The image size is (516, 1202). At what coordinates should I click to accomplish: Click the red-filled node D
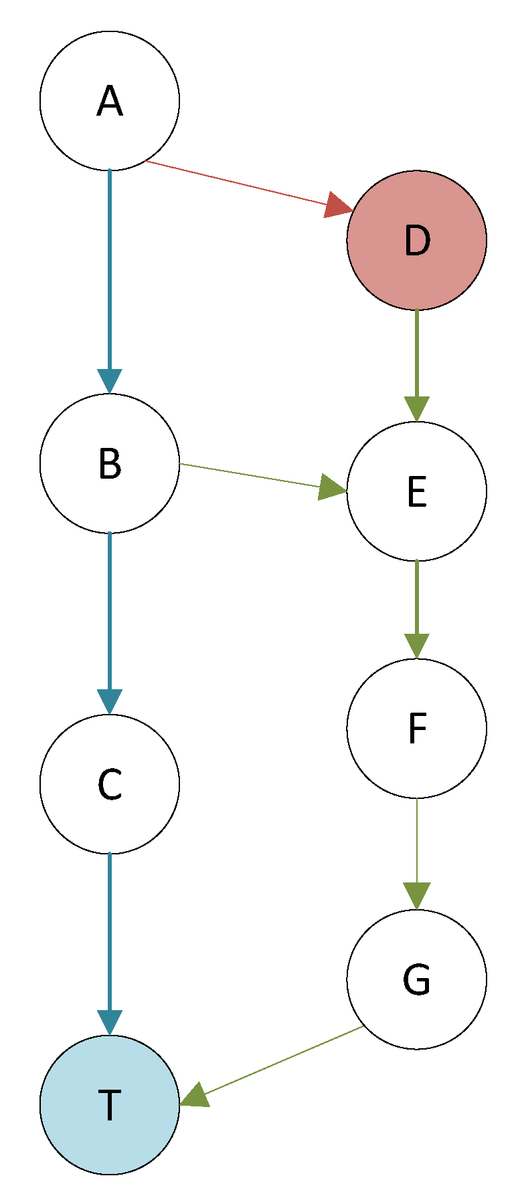(x=416, y=240)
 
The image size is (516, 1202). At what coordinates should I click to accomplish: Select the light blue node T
(x=110, y=1104)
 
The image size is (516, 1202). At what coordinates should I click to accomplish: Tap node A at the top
(x=110, y=101)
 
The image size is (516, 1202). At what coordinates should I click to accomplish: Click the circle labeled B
(x=110, y=463)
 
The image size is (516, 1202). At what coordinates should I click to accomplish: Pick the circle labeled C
(x=110, y=784)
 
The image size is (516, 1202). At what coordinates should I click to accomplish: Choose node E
(x=416, y=491)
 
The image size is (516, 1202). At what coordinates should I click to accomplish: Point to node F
(x=416, y=728)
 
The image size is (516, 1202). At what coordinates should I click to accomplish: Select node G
(x=416, y=979)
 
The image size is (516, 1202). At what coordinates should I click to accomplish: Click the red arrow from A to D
(x=241, y=184)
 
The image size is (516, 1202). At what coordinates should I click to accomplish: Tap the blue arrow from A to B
(x=110, y=267)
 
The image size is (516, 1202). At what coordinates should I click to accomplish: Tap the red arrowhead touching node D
(x=338, y=205)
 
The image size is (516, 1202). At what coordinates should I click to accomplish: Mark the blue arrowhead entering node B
(x=110, y=380)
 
